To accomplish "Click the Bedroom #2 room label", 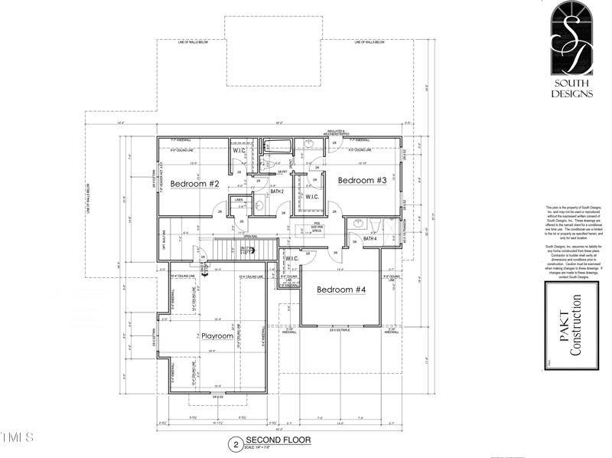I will tap(195, 184).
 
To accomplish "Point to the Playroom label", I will tap(216, 335).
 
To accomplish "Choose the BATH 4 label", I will tap(370, 239).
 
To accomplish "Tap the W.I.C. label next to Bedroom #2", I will tap(239, 150).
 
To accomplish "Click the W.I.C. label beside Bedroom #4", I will tap(291, 258).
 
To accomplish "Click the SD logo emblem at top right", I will tap(572, 38).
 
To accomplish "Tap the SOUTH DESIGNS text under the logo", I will tap(572, 89).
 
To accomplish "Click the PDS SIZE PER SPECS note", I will tap(316, 227).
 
